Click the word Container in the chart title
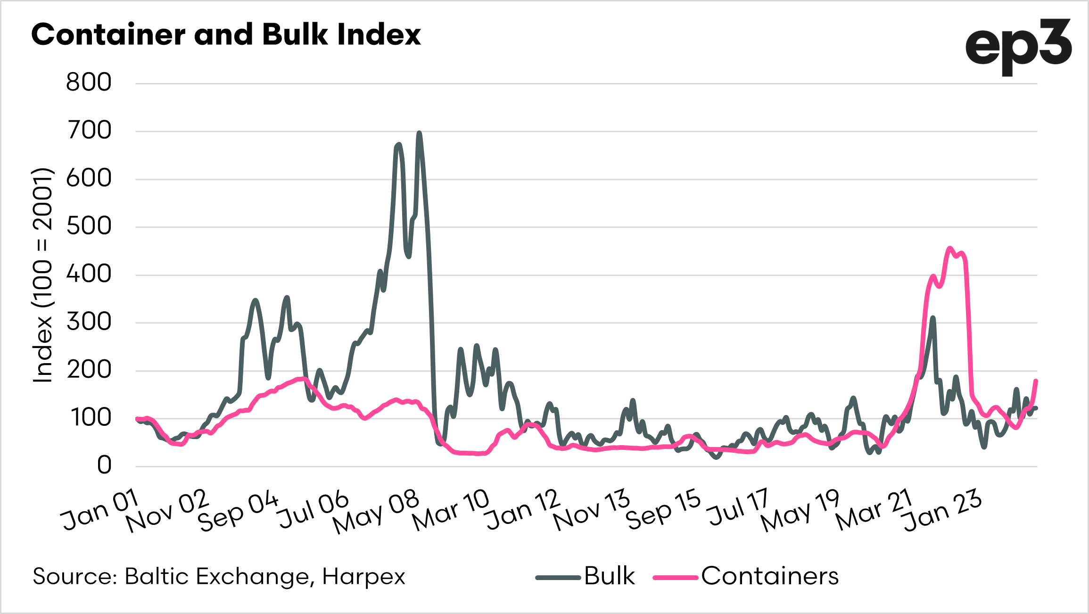coord(108,34)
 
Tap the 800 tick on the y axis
coord(89,83)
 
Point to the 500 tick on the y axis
coord(89,226)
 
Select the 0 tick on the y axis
coord(104,465)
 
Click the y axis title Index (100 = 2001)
coord(42,274)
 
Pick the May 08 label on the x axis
coord(376,511)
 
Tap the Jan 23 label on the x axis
coord(942,510)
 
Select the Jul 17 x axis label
coord(738,507)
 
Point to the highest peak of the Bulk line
coord(419,133)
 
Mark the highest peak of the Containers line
coord(950,248)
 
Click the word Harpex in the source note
coord(363,576)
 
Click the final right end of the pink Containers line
coord(1036,381)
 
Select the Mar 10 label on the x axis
coord(451,509)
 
